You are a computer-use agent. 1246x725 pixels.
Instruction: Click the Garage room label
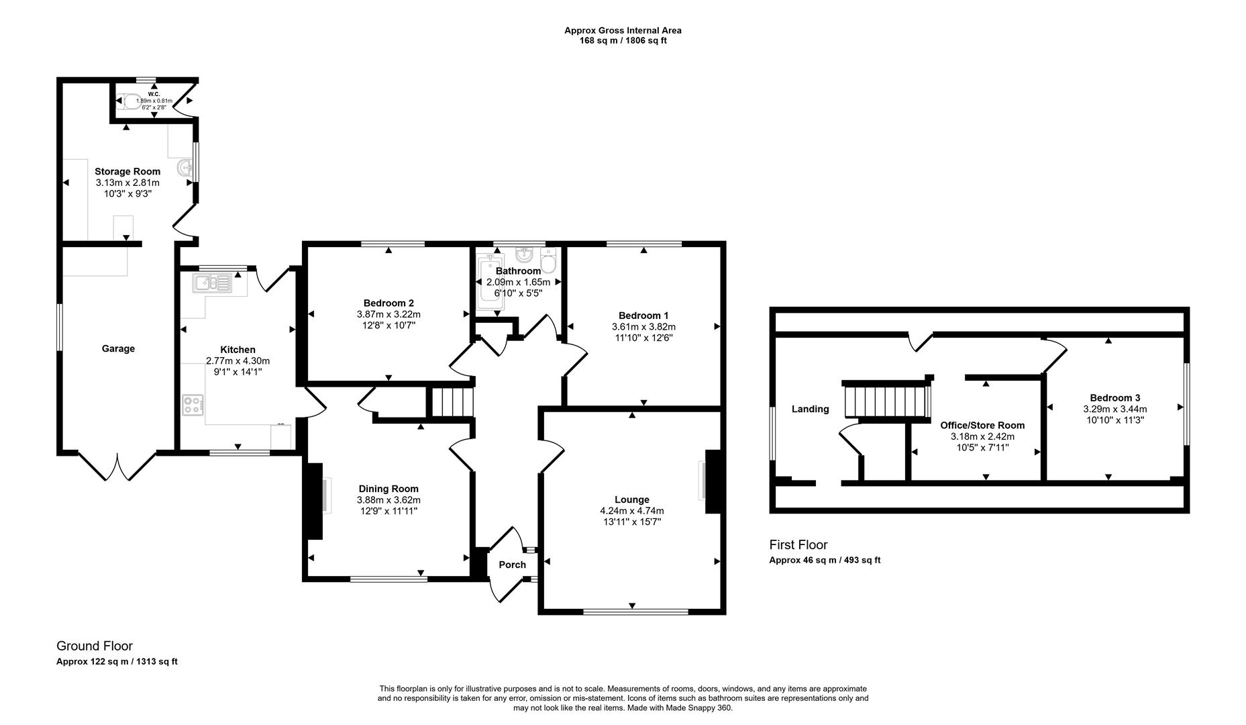coord(118,348)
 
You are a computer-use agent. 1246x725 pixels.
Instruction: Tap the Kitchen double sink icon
coord(212,283)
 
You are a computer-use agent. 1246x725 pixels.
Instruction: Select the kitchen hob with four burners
coord(193,405)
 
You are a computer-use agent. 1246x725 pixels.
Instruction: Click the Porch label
coord(512,565)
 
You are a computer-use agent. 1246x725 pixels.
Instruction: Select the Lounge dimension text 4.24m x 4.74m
coord(631,511)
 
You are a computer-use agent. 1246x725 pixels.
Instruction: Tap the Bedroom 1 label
coord(643,316)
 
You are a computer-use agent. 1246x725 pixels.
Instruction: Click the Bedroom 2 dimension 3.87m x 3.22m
coord(388,314)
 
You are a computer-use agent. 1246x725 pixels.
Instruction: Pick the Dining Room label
coord(388,489)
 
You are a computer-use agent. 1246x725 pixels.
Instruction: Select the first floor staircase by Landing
coord(886,400)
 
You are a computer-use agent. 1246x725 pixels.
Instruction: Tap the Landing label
coord(810,409)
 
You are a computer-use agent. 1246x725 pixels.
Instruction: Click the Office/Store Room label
coord(982,425)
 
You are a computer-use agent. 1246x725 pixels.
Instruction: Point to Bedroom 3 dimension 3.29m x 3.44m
coord(1114,409)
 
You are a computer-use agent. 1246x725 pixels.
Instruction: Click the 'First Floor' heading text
coord(798,545)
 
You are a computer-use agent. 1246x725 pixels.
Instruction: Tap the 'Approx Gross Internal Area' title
coord(623,30)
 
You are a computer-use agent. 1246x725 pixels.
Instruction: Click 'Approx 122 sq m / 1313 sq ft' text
coord(117,661)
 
